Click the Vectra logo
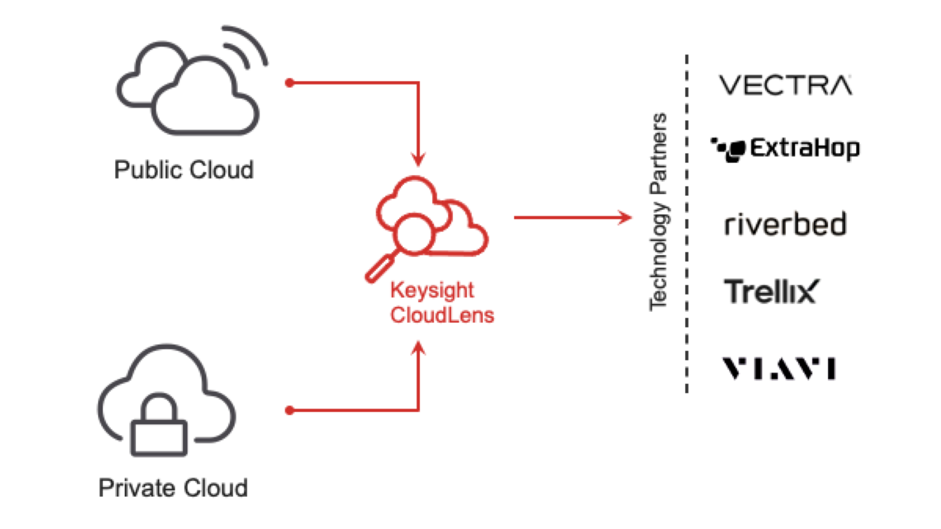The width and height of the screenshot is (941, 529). pyautogui.click(x=786, y=85)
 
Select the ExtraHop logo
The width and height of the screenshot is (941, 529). pyautogui.click(x=787, y=149)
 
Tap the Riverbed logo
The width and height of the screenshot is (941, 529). pyautogui.click(x=786, y=224)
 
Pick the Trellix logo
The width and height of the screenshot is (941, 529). pyautogui.click(x=771, y=292)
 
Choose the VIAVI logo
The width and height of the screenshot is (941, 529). pyautogui.click(x=779, y=369)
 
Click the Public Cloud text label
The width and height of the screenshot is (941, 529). pyautogui.click(x=184, y=170)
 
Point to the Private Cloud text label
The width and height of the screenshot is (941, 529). pyautogui.click(x=173, y=488)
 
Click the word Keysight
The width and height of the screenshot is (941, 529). pyautogui.click(x=432, y=290)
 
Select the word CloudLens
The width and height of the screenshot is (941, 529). pyautogui.click(x=442, y=315)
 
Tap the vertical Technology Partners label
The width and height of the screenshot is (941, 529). pyautogui.click(x=659, y=212)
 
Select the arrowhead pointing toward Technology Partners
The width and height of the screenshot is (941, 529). pyautogui.click(x=626, y=217)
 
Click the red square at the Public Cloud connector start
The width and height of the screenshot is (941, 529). pyautogui.click(x=289, y=83)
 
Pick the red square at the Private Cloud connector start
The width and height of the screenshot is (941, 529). pyautogui.click(x=289, y=410)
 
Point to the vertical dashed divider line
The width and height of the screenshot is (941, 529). pyautogui.click(x=686, y=223)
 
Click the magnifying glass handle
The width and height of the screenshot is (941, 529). pyautogui.click(x=378, y=269)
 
